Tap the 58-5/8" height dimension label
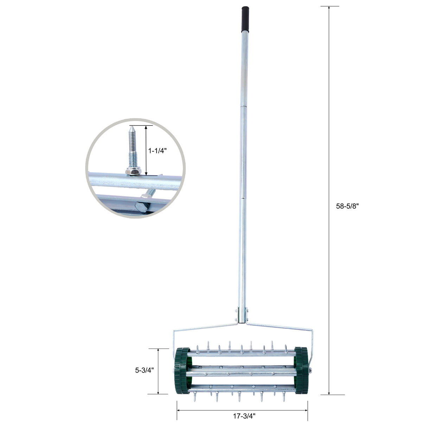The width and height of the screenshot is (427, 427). point(347,207)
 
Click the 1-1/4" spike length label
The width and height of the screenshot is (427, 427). point(157,151)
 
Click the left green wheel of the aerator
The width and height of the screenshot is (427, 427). point(181,371)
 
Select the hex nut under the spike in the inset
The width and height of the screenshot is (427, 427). point(134,171)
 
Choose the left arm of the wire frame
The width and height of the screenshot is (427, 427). point(204,327)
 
